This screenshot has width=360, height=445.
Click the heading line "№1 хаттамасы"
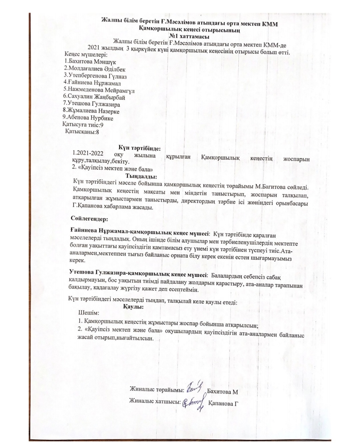189,36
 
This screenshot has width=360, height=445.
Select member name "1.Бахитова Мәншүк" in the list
90,61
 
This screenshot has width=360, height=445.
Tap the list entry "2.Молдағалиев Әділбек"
95,69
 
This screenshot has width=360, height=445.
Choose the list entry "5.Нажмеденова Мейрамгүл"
99,90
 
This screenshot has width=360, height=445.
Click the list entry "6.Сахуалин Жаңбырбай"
94,97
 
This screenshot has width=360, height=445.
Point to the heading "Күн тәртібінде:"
140,147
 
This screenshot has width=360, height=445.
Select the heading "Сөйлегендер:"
89,219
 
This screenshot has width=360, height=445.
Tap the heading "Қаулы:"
133,307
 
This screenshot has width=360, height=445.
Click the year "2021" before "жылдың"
94,47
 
